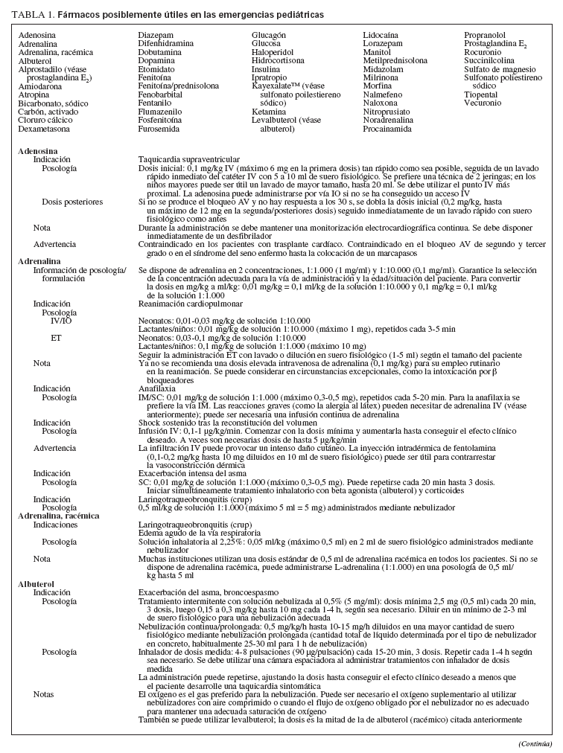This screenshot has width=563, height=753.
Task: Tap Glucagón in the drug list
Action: tap(269, 35)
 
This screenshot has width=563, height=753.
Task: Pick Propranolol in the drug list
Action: tap(485, 35)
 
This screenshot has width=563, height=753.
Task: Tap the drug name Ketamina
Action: tap(269, 112)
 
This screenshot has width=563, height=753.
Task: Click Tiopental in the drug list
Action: tap(480, 94)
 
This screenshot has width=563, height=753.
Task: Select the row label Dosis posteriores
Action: tap(72, 202)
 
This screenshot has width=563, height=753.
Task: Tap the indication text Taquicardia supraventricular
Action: tap(189, 159)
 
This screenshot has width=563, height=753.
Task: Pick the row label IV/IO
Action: tap(62, 320)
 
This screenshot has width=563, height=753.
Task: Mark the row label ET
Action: tap(55, 337)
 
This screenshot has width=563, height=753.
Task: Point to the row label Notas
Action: tap(44, 693)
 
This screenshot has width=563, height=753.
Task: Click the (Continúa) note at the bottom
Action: tap(535, 743)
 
